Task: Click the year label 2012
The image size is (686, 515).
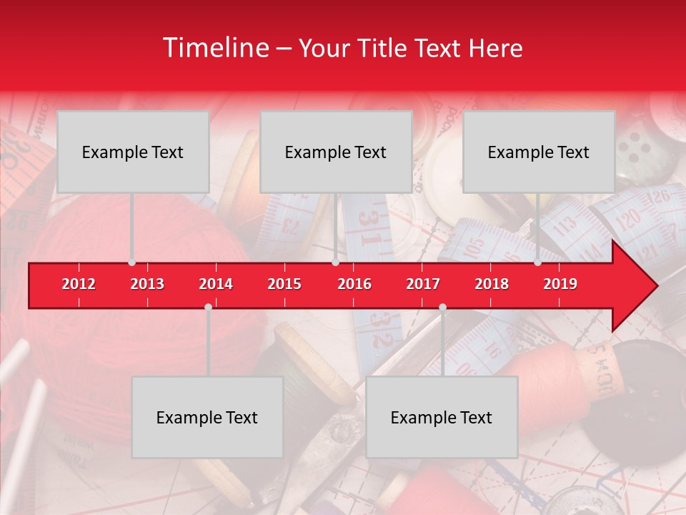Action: pos(79,284)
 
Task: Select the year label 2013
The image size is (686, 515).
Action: pos(147,284)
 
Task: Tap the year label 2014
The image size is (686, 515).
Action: pos(216,284)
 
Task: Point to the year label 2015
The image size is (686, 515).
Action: pos(284,284)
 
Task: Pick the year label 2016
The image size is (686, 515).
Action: pos(354,284)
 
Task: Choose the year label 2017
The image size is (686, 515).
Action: pos(423,284)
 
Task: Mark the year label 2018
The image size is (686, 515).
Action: pos(492,284)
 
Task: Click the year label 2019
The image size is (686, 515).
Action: pos(560,284)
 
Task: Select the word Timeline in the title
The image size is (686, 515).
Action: pos(215,48)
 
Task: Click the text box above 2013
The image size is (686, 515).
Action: pos(133,152)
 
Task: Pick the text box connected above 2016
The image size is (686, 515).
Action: pos(336,152)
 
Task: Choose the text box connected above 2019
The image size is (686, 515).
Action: pos(539,152)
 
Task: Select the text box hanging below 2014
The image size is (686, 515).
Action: pos(207,417)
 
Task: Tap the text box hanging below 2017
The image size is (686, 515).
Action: pos(442,417)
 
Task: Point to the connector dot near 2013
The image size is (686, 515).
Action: pos(132,263)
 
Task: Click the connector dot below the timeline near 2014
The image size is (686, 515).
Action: pos(208,307)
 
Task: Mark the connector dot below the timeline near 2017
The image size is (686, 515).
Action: pos(442,307)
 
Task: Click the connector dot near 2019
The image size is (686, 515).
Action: pos(538,263)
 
